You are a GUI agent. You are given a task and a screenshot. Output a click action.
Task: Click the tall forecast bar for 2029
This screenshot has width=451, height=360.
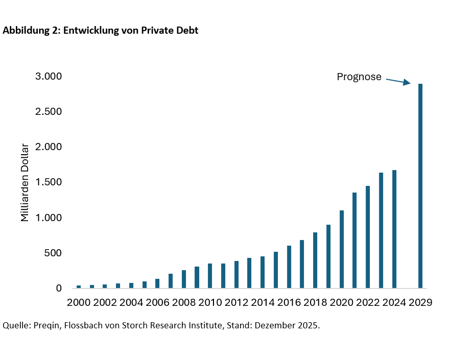(x=420, y=186)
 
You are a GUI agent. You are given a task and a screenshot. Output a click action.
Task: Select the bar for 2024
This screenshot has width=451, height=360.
(x=394, y=229)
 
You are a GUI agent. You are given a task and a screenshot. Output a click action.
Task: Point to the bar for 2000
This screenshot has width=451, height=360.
(x=79, y=287)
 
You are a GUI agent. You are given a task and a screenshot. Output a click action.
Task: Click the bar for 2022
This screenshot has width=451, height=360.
(x=368, y=237)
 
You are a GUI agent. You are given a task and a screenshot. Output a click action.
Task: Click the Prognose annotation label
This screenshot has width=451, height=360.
(x=359, y=77)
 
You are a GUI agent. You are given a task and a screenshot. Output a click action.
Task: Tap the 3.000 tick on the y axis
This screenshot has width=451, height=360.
(x=49, y=77)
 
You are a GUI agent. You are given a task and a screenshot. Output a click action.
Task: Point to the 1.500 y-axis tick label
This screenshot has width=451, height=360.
(x=49, y=182)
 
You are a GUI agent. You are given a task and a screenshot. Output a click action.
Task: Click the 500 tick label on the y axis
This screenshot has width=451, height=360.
(x=53, y=253)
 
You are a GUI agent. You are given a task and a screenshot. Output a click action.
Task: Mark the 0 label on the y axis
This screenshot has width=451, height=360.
(x=59, y=289)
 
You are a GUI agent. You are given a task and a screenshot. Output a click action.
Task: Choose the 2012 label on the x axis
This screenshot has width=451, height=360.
(x=236, y=302)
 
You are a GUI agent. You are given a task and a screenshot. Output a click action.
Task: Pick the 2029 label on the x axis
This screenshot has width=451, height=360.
(x=420, y=302)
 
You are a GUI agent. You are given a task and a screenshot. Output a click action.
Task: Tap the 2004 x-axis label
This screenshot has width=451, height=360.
(x=131, y=302)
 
